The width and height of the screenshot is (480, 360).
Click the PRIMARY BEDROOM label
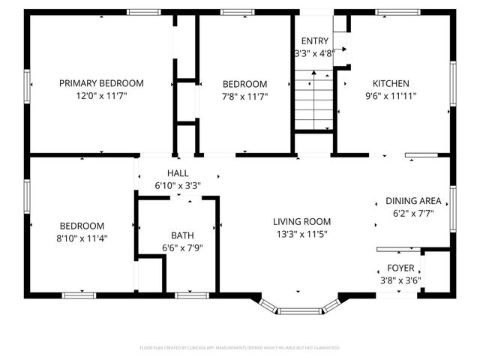tap(101, 83)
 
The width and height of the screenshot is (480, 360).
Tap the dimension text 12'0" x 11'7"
tap(101, 96)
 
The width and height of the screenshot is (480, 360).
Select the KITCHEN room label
tap(391, 83)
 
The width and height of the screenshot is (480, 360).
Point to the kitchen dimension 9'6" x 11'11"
tap(391, 96)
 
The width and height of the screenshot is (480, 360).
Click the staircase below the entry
tap(313, 100)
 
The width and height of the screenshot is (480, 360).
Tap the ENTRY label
tap(314, 40)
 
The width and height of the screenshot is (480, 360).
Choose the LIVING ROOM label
tap(301, 221)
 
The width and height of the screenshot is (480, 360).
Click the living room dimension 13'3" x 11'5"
tap(301, 233)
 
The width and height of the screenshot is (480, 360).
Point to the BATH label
tap(182, 235)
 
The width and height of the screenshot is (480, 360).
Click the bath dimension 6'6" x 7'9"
tap(182, 247)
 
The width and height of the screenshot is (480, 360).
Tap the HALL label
tap(178, 173)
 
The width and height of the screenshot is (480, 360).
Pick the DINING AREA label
tap(413, 201)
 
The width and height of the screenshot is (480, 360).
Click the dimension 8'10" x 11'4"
tap(82, 238)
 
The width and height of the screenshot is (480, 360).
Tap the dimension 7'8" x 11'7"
tap(245, 96)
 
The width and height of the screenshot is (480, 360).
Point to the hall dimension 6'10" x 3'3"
tap(178, 185)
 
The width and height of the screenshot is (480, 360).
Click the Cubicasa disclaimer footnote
tap(240, 348)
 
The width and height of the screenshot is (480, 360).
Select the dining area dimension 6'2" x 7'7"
tap(413, 213)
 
